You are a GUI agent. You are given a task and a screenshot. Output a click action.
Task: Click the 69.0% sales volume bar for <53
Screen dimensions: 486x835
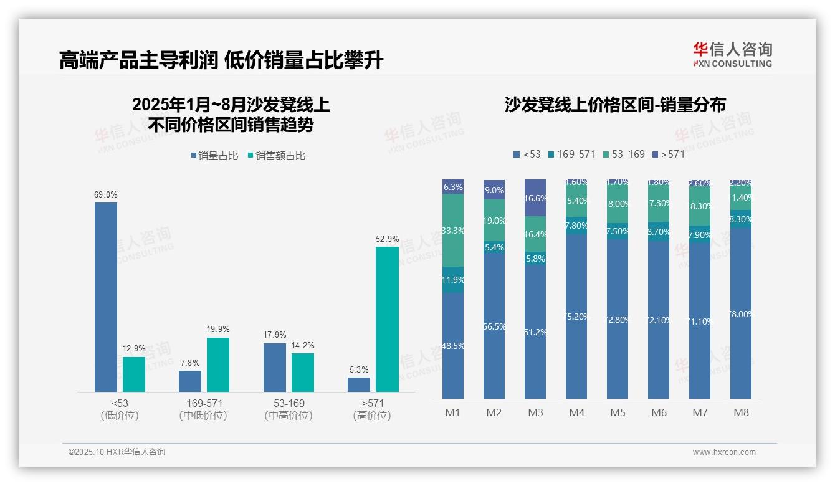click(x=105, y=297)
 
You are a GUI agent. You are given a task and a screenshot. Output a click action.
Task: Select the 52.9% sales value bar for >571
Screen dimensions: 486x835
click(x=386, y=319)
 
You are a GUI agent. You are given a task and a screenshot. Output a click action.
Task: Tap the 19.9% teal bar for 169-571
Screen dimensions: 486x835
click(x=217, y=364)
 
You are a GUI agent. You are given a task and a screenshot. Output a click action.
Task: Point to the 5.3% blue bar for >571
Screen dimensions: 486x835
click(x=358, y=384)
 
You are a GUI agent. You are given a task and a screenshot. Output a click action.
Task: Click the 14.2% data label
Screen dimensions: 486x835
click(x=302, y=345)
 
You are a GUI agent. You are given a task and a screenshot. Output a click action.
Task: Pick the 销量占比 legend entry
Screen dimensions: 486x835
click(x=214, y=156)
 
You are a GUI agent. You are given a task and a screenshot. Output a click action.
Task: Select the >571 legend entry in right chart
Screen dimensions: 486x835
click(x=668, y=154)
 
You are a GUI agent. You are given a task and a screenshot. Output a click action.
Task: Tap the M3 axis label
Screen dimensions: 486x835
click(x=535, y=412)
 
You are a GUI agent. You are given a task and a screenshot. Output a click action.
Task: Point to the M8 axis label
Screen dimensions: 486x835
click(x=741, y=412)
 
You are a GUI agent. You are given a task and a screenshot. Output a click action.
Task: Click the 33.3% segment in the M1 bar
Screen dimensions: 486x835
click(x=453, y=230)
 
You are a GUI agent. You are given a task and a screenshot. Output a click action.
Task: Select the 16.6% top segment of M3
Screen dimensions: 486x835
click(x=535, y=198)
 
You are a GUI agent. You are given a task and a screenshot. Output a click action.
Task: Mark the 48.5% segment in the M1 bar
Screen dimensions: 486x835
click(x=453, y=345)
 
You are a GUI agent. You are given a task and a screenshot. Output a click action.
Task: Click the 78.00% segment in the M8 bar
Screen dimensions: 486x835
click(x=741, y=313)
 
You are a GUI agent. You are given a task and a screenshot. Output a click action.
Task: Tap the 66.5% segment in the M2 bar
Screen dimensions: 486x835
click(x=494, y=326)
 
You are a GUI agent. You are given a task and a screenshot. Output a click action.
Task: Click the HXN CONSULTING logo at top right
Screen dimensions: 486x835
click(x=732, y=55)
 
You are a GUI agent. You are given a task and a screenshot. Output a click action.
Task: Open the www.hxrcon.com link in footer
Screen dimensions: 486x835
click(x=724, y=452)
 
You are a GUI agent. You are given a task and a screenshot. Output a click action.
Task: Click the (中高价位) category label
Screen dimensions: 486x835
click(x=288, y=416)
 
